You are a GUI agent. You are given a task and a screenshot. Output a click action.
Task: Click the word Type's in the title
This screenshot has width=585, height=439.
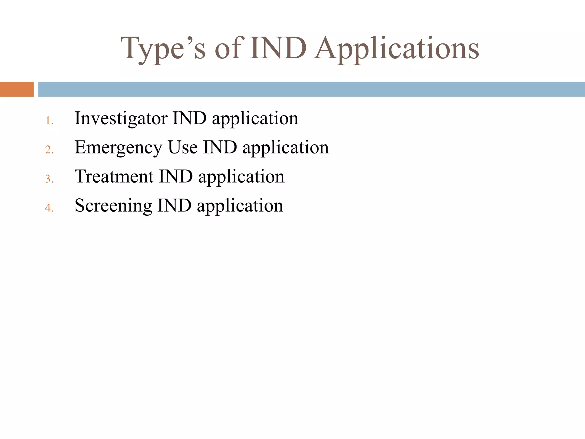[163, 49]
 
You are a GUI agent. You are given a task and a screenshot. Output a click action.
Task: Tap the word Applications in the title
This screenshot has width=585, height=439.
[396, 49]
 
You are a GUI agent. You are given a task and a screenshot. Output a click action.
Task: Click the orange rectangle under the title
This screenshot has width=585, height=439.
[17, 89]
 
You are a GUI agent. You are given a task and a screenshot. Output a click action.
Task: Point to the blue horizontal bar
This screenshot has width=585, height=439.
[311, 89]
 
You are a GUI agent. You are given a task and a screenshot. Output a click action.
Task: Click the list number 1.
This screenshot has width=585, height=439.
[49, 121]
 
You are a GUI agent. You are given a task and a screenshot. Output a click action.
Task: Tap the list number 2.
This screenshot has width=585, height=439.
[49, 150]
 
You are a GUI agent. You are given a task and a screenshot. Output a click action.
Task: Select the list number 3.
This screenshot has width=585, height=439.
[49, 179]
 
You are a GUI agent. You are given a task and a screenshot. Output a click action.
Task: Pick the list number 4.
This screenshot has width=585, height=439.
[49, 208]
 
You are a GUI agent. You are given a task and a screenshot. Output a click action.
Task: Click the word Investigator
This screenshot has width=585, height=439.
[121, 118]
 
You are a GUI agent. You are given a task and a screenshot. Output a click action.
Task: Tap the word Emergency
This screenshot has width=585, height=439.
[118, 148]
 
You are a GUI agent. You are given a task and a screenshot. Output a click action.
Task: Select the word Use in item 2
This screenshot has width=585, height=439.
[183, 147]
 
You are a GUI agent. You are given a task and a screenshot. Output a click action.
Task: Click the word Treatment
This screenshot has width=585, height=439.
[114, 176]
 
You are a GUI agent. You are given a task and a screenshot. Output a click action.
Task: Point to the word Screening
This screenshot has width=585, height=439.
[113, 206]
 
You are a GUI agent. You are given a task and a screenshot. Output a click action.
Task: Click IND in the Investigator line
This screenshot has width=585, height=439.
[189, 118]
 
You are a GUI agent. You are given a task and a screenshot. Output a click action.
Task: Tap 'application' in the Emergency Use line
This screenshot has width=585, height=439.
[286, 148]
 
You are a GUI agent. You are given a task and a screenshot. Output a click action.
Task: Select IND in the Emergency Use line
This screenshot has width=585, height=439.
[220, 147]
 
